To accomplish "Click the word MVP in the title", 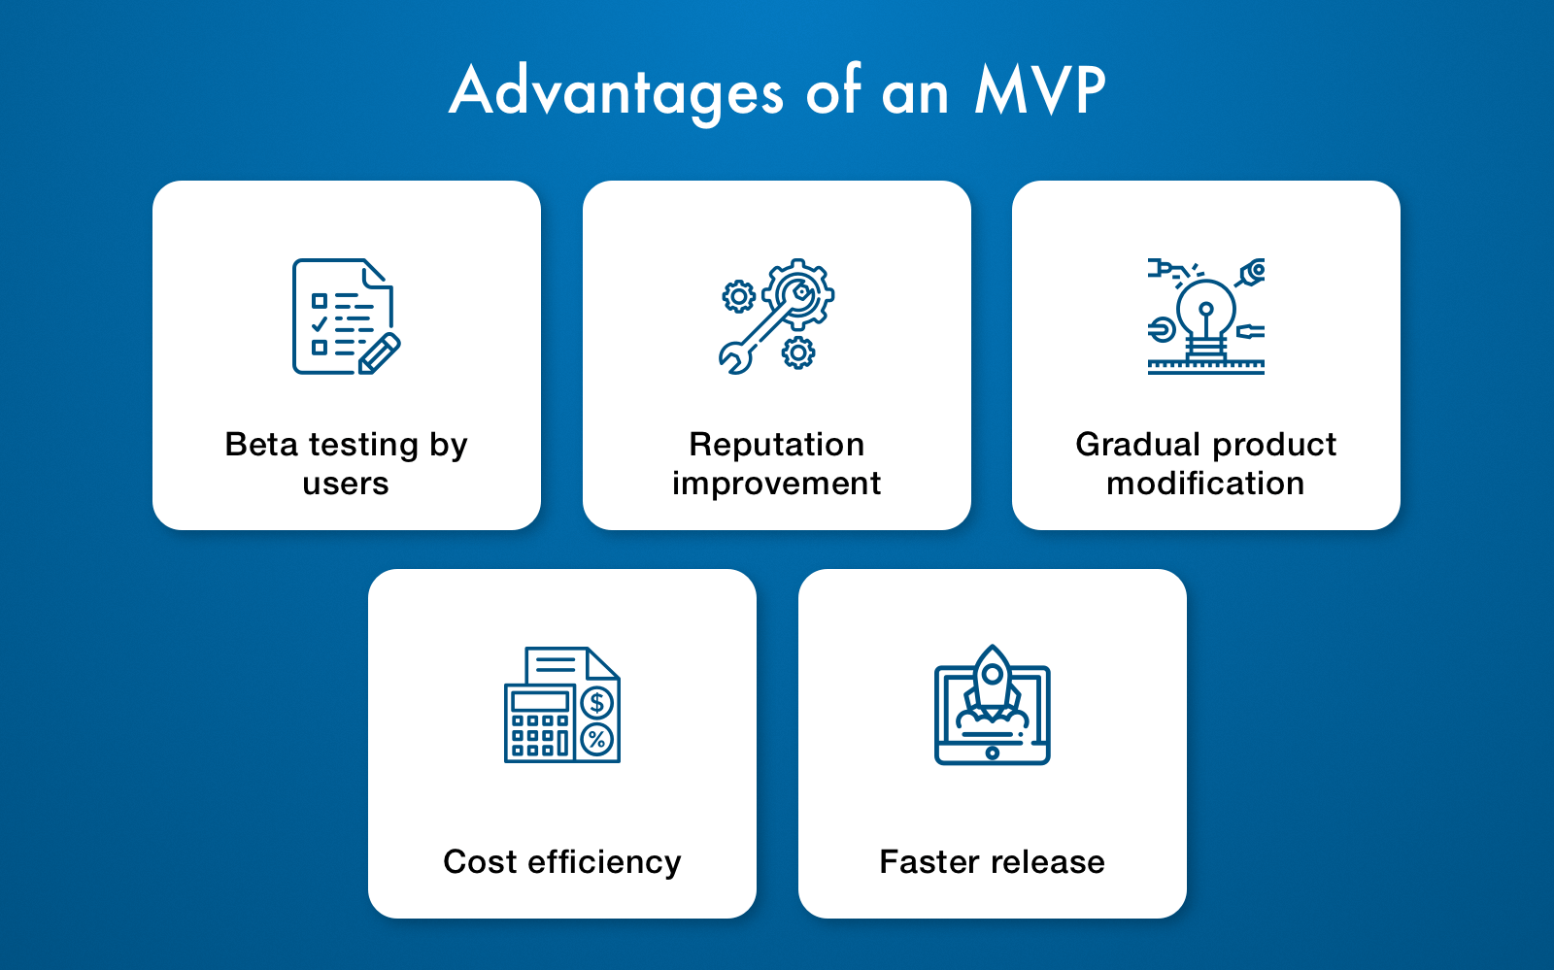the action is pos(1039,89).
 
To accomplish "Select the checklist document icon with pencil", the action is pos(346,317).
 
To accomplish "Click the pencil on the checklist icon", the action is pos(380,353).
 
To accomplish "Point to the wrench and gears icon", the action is pos(776,317).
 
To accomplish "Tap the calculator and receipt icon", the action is pos(562,705).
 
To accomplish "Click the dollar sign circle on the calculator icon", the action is pos(596,703).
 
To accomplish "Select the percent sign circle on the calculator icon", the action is pos(596,739).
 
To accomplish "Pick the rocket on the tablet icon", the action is pos(992,683).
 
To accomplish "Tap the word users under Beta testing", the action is pos(346,484).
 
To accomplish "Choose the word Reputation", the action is pos(776,445).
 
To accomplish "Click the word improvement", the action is pos(776,484).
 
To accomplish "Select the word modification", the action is pos(1205,483).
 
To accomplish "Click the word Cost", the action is pos(480,862).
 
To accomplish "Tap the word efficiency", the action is pos(604,863).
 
